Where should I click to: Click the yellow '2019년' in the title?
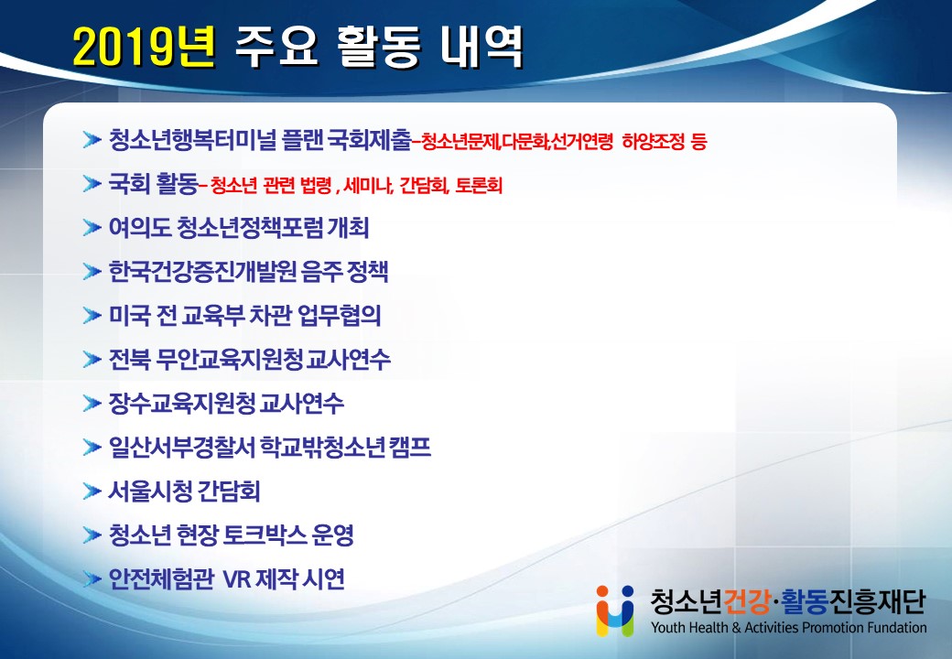145,47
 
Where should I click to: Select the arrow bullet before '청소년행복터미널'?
92,140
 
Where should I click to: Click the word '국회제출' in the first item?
369,140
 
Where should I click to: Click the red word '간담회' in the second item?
423,185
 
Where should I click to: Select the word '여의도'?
139,228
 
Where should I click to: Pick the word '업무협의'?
340,315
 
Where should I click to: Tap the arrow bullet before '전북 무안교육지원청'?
92,359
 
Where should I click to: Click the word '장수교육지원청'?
181,403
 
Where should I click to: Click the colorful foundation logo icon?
615,610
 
